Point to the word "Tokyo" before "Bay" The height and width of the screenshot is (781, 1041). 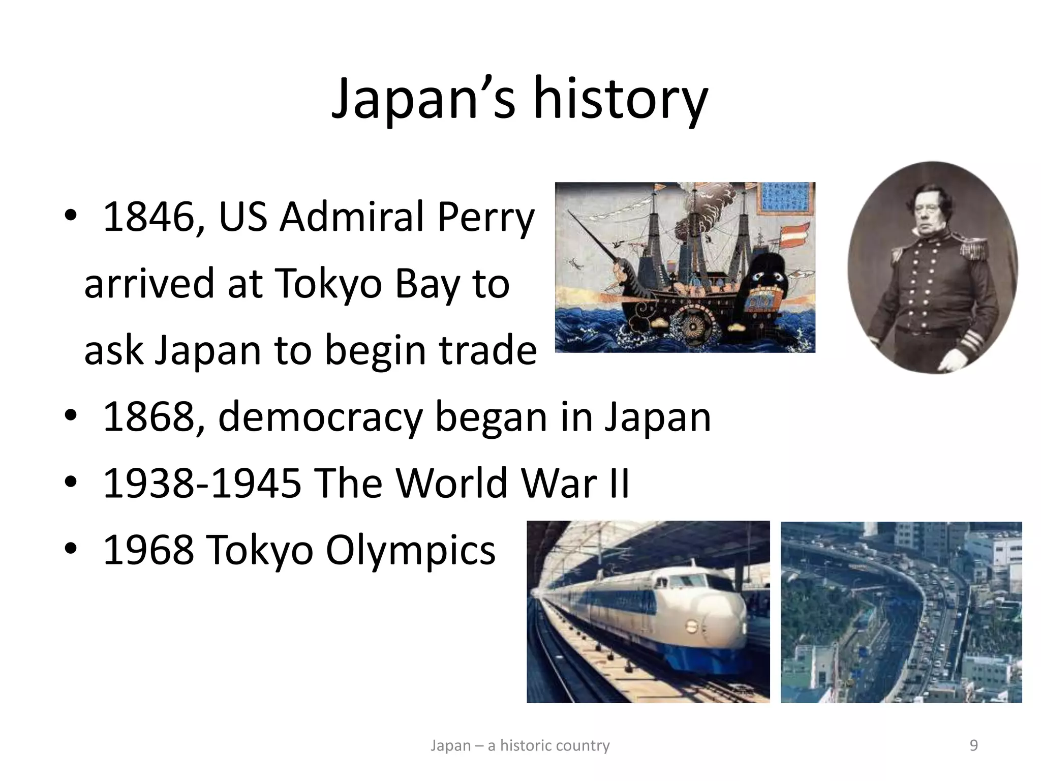coord(328,284)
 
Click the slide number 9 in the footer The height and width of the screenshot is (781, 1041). coord(974,745)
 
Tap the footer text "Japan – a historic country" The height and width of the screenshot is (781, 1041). coord(520,745)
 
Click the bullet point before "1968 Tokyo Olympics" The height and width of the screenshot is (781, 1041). coord(71,550)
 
